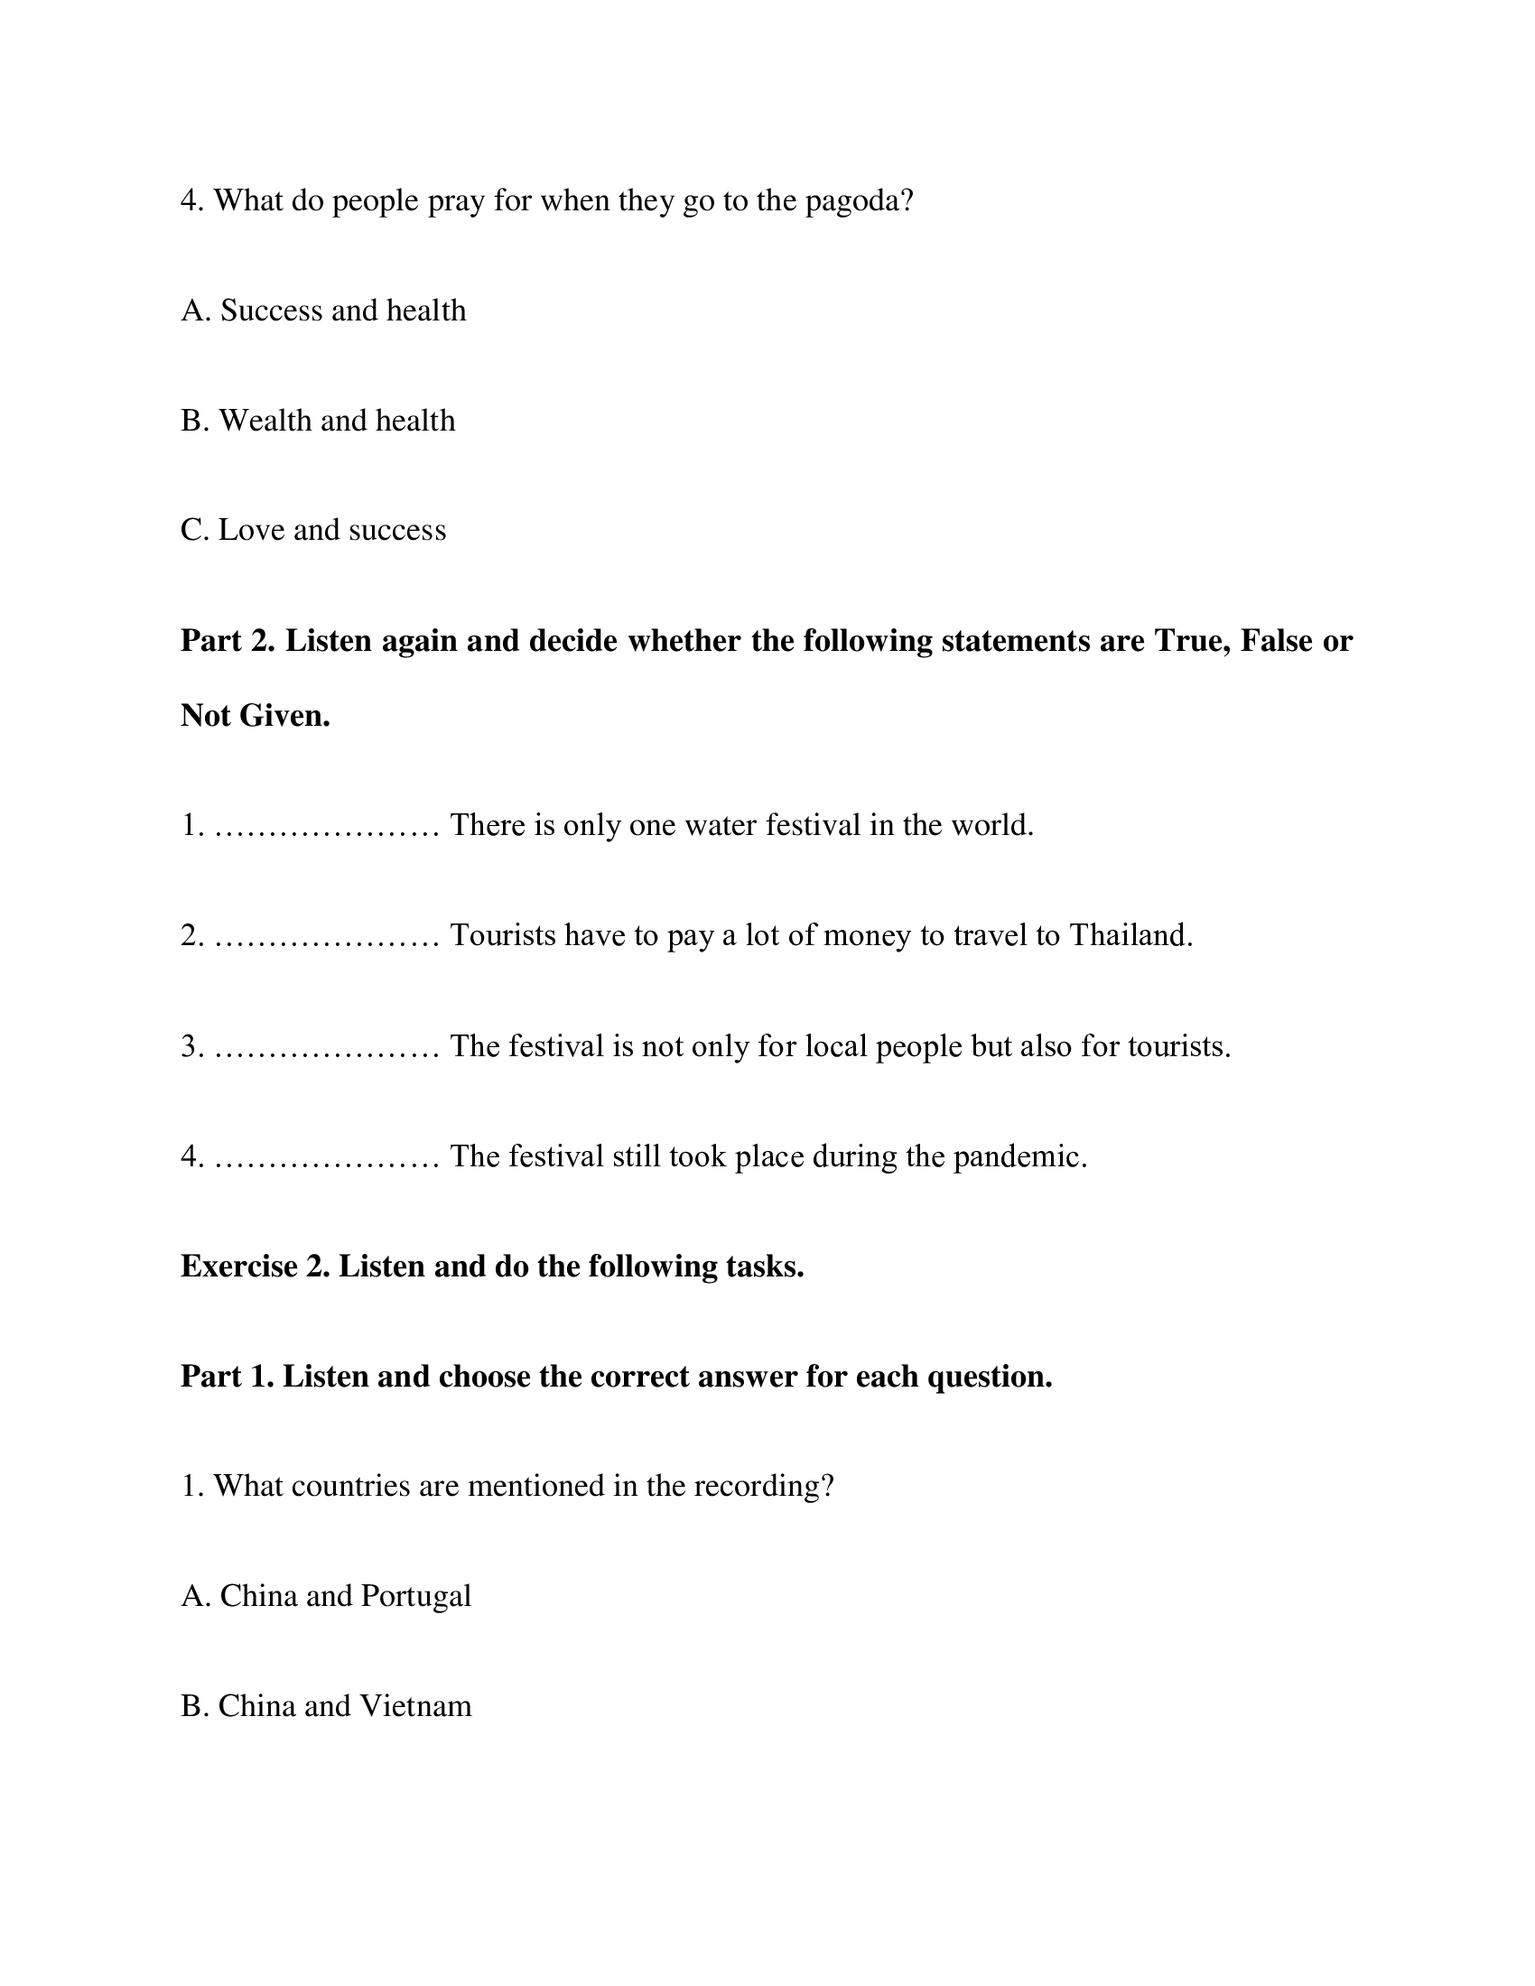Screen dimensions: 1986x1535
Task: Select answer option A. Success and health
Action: (323, 311)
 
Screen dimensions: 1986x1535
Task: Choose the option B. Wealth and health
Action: (317, 421)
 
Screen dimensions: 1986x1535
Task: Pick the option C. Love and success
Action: (312, 530)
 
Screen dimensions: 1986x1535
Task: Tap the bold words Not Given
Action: (255, 716)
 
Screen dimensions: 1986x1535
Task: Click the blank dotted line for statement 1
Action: (327, 828)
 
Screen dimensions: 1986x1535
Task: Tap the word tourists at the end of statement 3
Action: (1178, 1046)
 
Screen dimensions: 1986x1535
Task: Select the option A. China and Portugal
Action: (326, 1596)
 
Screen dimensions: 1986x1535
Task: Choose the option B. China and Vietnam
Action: (326, 1706)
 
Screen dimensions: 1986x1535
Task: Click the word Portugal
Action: (415, 1596)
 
